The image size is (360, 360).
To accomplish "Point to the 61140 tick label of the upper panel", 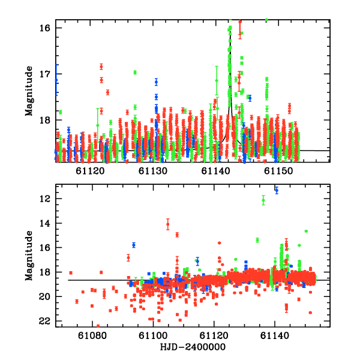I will (216, 171).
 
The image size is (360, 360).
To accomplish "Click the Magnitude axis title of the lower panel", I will (29, 257).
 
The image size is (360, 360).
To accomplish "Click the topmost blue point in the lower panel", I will (277, 190).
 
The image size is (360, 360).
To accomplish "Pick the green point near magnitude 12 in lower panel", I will (263, 200).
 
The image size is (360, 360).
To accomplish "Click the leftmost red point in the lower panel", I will (71, 273).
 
